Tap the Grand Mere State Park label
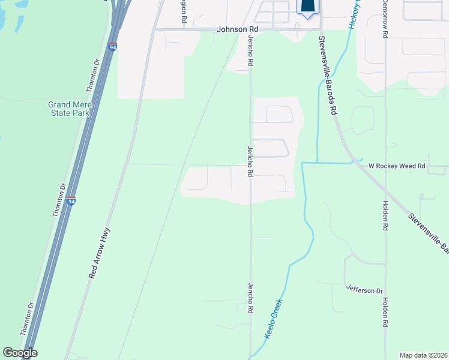point(69,109)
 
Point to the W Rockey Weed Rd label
point(396,166)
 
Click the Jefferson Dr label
point(364,290)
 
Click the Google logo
point(20,353)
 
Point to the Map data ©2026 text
point(424,355)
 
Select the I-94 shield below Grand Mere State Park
point(71,201)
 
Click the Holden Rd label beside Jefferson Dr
point(385,313)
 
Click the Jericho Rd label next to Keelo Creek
point(249,298)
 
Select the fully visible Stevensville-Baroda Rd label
point(328,68)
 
